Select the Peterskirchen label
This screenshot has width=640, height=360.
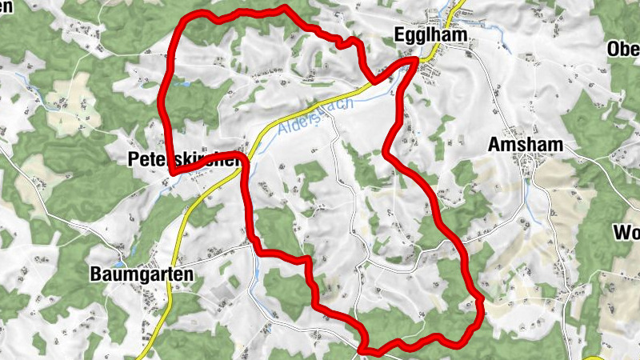[184, 160]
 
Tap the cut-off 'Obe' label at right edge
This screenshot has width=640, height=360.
[623, 50]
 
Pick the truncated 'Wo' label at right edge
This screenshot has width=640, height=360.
[626, 234]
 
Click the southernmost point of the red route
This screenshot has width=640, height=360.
[365, 350]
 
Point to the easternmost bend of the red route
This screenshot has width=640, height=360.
[481, 302]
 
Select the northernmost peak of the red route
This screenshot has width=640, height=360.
[284, 9]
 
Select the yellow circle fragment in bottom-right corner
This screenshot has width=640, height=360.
[596, 356]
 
